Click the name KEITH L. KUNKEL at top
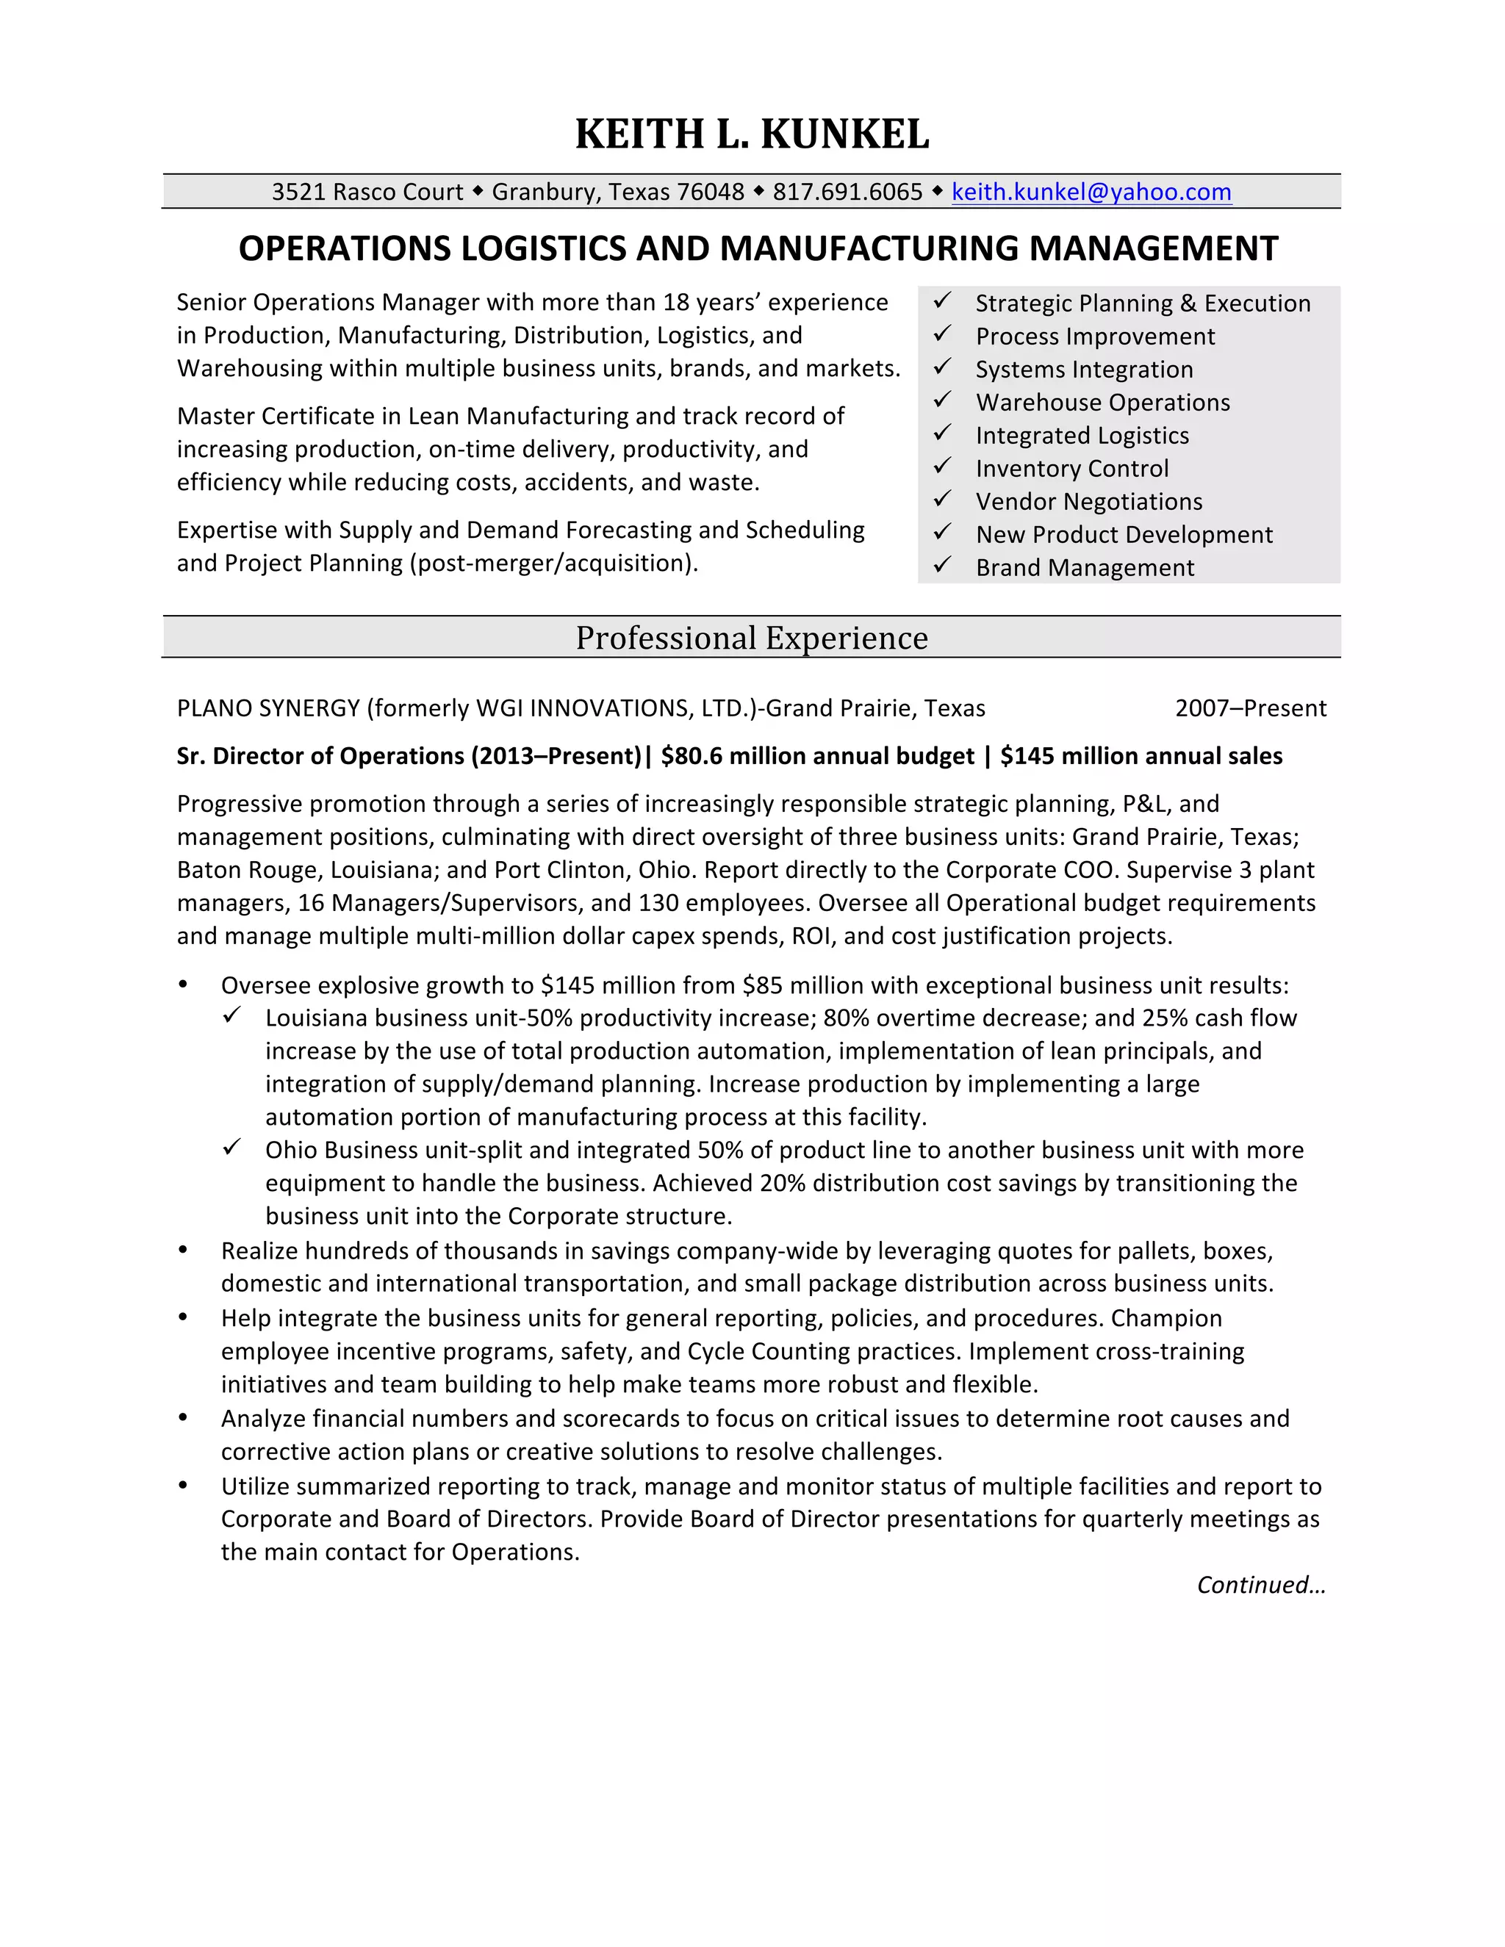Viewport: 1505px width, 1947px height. pyautogui.click(x=752, y=134)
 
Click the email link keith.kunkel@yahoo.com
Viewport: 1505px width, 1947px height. pyautogui.click(x=1091, y=192)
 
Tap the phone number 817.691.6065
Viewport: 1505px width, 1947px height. pyautogui.click(x=847, y=192)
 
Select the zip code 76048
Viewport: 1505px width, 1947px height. pyautogui.click(x=710, y=192)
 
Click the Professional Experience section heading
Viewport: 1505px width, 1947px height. pyautogui.click(x=752, y=638)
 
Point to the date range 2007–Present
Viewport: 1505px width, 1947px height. pyautogui.click(x=1250, y=708)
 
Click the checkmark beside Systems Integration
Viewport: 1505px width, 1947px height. pyautogui.click(x=942, y=367)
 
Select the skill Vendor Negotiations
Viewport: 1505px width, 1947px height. pyautogui.click(x=1088, y=502)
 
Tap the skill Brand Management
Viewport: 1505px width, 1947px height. pyautogui.click(x=1084, y=568)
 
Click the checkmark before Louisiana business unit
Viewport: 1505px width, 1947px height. pyautogui.click(x=231, y=1015)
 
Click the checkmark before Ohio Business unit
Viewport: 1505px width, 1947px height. pyautogui.click(x=231, y=1148)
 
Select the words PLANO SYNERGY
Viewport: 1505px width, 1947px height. pyautogui.click(x=268, y=708)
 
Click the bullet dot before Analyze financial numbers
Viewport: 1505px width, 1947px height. pyautogui.click(x=183, y=1417)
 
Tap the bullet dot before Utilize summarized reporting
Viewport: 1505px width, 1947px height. pyautogui.click(x=183, y=1485)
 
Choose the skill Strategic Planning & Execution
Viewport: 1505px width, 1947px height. pyautogui.click(x=1142, y=304)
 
